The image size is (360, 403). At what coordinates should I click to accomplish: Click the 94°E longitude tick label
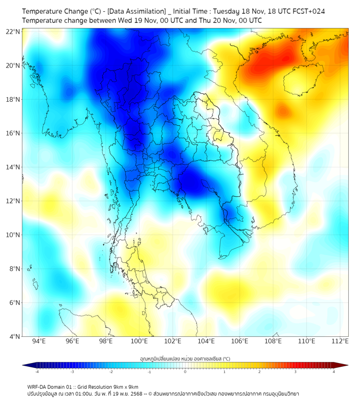39,341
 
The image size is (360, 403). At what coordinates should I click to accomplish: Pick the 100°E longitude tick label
140,341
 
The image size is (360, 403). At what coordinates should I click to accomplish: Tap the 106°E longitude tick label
240,341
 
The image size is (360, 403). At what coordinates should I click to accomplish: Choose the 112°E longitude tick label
340,341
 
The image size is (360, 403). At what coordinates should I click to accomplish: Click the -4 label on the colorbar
37,372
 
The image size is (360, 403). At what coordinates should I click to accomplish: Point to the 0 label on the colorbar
185,372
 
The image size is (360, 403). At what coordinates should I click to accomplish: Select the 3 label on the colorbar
296,372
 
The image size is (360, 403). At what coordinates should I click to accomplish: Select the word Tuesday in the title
226,11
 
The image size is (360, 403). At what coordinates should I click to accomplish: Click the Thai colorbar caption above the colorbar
185,358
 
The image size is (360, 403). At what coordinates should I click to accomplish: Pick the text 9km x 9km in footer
125,387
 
